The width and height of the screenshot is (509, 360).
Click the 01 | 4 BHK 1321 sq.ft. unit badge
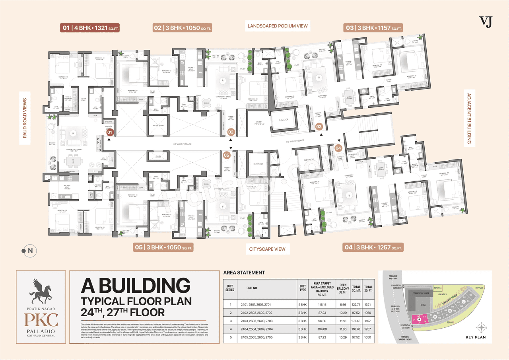(x=90, y=28)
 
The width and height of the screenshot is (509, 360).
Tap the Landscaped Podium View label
(x=278, y=26)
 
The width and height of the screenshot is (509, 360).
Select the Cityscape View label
(x=267, y=249)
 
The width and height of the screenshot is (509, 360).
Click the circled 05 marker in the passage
(x=226, y=156)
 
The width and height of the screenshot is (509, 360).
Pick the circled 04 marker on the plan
(x=338, y=148)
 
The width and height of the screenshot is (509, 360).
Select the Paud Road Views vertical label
(x=25, y=118)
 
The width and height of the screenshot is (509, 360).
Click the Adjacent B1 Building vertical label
(x=469, y=119)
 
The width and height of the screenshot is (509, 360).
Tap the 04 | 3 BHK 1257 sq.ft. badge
(x=373, y=247)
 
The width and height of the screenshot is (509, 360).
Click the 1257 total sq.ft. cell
(x=368, y=329)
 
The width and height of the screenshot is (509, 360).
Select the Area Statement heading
(x=244, y=272)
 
